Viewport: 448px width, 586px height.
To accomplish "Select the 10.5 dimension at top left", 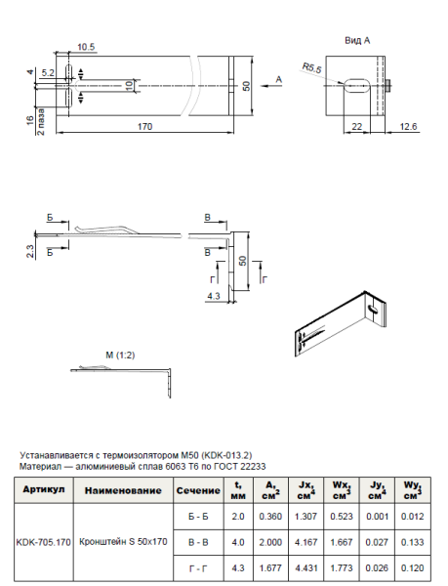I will [x=85, y=47].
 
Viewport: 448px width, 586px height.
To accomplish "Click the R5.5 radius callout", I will [x=312, y=67].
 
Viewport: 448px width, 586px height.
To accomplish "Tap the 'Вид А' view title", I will [x=358, y=41].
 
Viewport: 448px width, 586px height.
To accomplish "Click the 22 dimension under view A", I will [x=357, y=127].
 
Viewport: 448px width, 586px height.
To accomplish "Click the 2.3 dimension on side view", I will [x=31, y=251].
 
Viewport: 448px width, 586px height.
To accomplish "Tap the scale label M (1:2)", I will [x=122, y=352].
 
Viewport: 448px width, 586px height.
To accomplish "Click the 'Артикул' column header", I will [x=43, y=486].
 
